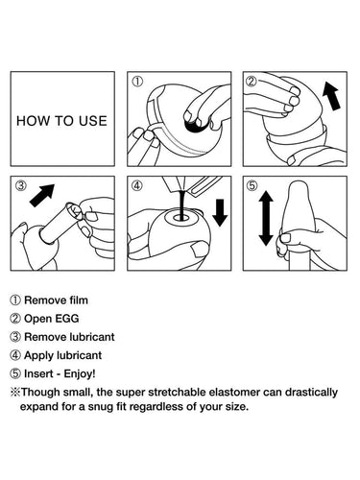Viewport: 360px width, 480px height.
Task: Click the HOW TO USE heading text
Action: (61, 121)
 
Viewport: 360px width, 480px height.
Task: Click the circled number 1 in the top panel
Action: (137, 82)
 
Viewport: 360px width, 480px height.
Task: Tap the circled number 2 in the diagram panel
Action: (252, 82)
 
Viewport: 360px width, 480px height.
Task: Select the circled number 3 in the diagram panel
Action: (21, 185)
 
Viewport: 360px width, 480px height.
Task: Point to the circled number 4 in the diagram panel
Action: (137, 185)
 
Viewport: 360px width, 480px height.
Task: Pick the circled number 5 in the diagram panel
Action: (252, 185)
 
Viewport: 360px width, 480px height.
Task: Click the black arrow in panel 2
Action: (331, 96)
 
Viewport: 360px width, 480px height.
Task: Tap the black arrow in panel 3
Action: (42, 195)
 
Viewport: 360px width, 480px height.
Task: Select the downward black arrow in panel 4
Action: (220, 212)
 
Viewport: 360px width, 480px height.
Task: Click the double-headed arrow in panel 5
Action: (266, 218)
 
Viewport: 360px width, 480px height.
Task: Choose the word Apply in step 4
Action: (39, 356)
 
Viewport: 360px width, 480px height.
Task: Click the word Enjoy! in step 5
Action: (80, 373)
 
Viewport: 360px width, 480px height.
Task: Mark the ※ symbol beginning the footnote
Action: (15, 393)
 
